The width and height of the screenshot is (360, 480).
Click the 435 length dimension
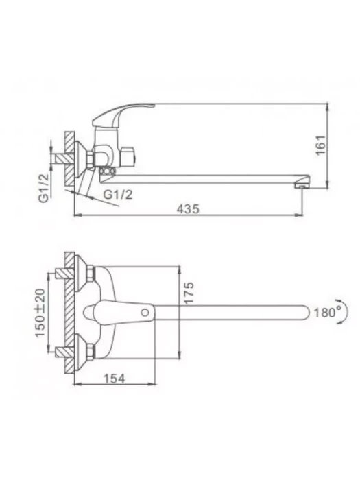(188, 208)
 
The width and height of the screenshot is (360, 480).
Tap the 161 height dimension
(321, 145)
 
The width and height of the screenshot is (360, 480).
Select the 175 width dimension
(189, 293)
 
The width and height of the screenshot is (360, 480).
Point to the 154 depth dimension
(115, 379)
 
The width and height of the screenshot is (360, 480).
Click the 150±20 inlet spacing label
(40, 313)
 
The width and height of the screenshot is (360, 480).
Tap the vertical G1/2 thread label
(44, 187)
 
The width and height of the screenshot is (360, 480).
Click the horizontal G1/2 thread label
(118, 194)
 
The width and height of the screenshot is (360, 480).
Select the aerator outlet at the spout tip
(300, 185)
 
